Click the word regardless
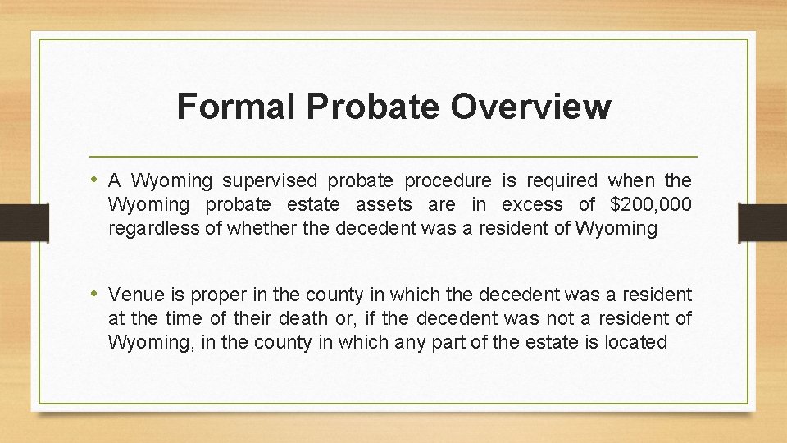click(153, 229)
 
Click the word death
click(335, 317)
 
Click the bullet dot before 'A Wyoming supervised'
click(96, 180)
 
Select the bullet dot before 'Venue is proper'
click(96, 294)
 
